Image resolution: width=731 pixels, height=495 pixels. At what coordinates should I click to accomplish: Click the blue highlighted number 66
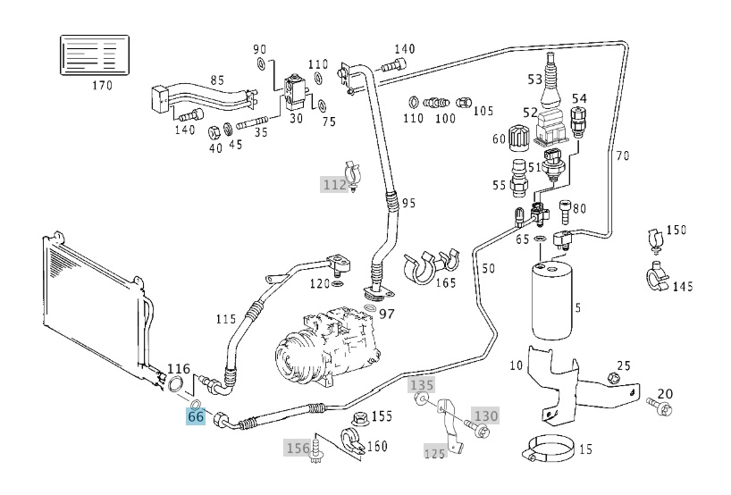point(196,415)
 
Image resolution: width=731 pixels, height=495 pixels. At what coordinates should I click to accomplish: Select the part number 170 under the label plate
point(102,87)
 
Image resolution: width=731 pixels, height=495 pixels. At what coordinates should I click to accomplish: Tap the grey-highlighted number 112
point(334,185)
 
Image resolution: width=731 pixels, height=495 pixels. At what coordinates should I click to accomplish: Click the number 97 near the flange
point(387,314)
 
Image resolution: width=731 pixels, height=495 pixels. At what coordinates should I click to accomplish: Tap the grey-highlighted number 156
point(298,447)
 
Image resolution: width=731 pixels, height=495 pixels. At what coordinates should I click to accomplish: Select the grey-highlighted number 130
point(485,415)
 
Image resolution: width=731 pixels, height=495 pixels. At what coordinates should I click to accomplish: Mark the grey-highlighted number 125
point(435,453)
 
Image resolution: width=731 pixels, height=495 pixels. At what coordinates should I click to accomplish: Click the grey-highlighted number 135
point(422,385)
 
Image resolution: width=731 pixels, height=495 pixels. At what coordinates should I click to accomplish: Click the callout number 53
point(535,80)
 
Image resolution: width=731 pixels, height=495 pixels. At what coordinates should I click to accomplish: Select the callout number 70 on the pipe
point(622,155)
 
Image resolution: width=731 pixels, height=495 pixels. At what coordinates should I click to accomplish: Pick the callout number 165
point(445,283)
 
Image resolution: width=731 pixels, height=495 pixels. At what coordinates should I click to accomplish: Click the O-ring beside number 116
point(177,385)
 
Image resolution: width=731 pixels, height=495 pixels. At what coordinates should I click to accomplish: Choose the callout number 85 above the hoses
point(217,80)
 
